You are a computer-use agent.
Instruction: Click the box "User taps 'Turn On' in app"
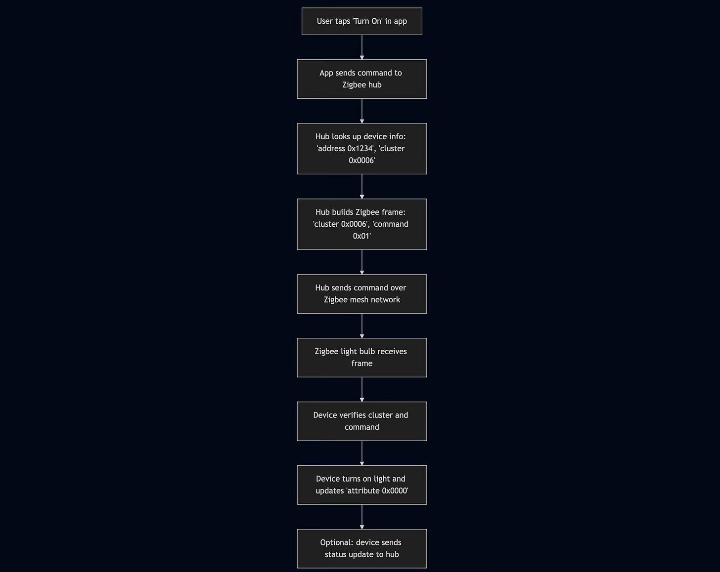point(361,21)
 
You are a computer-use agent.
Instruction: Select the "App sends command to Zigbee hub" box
point(361,79)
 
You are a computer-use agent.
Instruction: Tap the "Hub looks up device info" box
point(361,149)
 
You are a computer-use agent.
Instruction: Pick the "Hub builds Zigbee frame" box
point(361,224)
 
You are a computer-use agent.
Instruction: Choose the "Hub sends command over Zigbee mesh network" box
point(361,294)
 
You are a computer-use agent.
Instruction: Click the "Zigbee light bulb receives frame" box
point(361,358)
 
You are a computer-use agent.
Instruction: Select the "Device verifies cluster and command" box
point(361,421)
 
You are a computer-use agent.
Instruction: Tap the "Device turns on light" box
point(361,485)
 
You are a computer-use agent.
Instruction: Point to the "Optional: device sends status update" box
point(361,549)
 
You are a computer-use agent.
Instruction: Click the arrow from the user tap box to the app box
point(362,47)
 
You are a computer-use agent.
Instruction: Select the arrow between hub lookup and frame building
point(362,187)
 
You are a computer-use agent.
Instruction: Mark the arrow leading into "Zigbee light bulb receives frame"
point(362,326)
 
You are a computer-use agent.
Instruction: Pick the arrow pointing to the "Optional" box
point(362,517)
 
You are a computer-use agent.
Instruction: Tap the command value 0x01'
point(362,236)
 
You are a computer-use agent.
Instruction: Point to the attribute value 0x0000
point(394,491)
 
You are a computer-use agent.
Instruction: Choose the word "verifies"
point(353,415)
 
